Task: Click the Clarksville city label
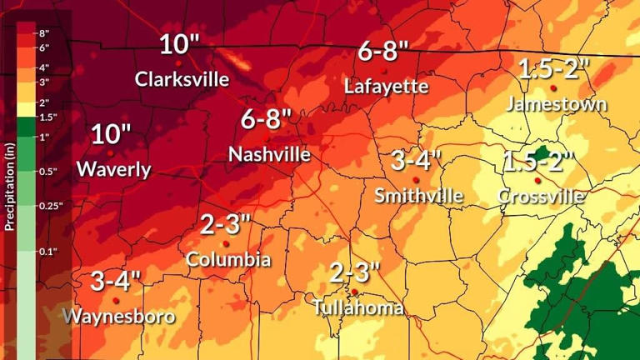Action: point(182,79)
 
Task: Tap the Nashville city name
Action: point(269,154)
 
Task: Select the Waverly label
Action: point(113,169)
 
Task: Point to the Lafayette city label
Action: point(386,86)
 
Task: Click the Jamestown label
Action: point(557,104)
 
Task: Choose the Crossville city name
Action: point(541,197)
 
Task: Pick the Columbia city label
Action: point(227,259)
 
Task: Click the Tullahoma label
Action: point(358,307)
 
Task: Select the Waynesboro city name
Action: point(120,316)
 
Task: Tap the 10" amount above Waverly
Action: point(112,134)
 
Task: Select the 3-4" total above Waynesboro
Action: point(116,280)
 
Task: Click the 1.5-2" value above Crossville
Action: point(539,161)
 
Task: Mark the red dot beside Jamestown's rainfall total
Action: point(553,87)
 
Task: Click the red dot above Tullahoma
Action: point(355,292)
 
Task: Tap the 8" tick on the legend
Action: point(45,33)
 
